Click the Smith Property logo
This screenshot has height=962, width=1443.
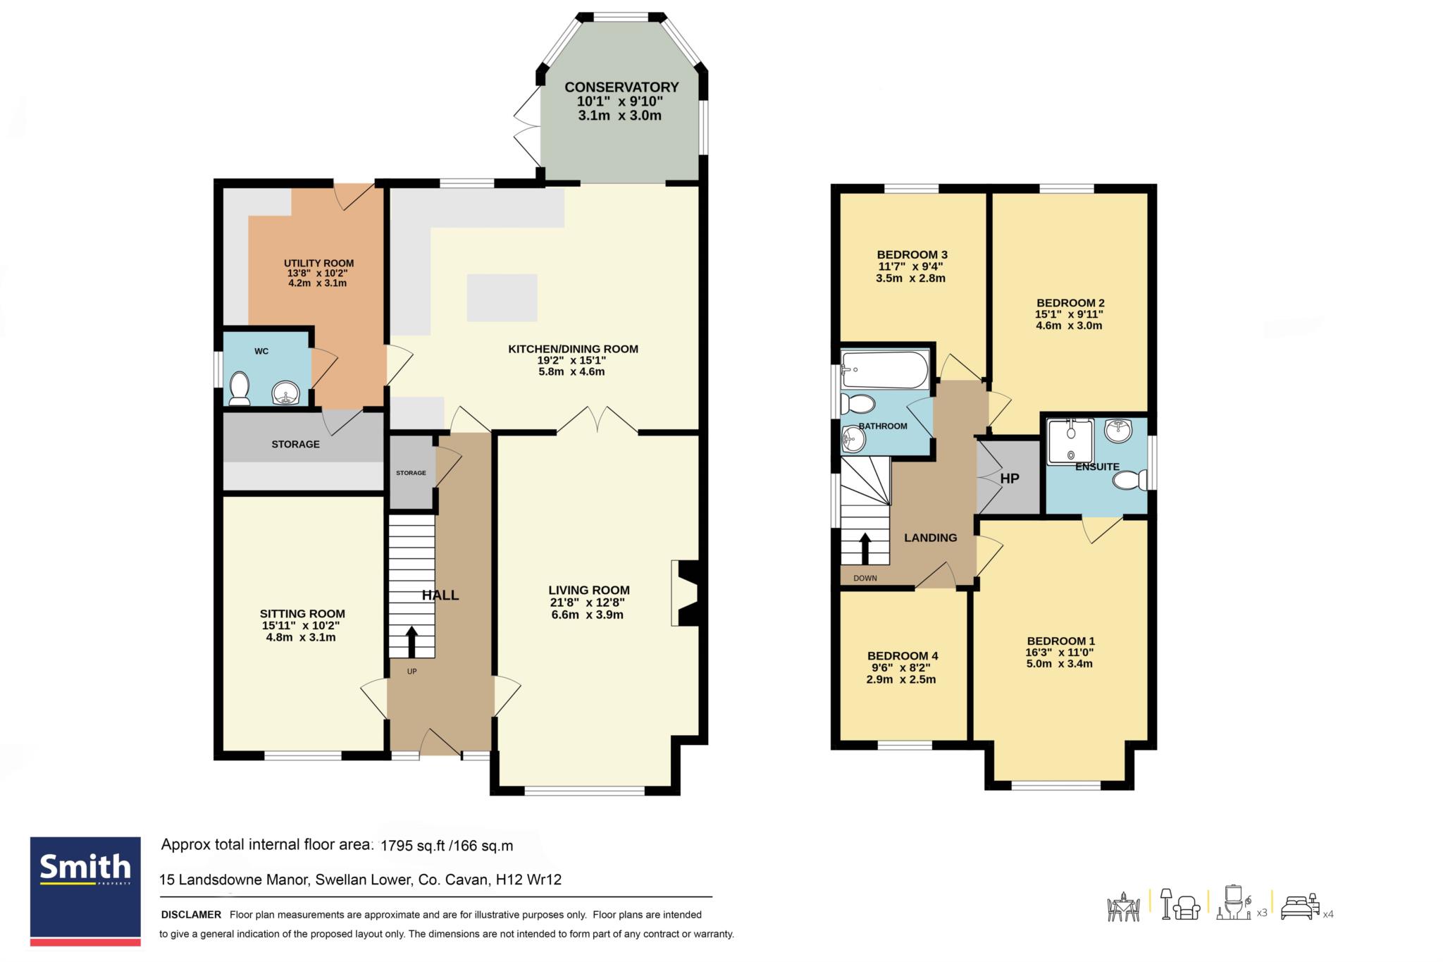click(x=85, y=891)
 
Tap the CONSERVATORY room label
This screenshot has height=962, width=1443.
click(x=621, y=87)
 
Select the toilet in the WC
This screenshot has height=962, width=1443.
click(x=239, y=388)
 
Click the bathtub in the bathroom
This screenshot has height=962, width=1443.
click(x=885, y=369)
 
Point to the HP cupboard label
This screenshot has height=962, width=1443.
click(x=1010, y=479)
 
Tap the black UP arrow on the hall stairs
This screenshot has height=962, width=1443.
click(x=411, y=641)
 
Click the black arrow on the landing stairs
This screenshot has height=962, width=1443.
click(x=865, y=548)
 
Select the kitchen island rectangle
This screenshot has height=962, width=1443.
click(x=502, y=297)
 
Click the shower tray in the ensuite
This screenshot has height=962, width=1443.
click(x=1071, y=441)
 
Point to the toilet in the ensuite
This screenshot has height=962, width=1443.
click(x=1130, y=481)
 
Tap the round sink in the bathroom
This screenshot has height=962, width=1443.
click(x=853, y=440)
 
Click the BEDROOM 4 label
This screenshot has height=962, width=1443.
click(x=902, y=655)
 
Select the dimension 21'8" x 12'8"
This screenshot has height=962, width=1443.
click(x=588, y=603)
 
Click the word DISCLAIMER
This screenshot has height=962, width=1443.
click(x=191, y=915)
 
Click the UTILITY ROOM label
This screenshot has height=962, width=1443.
click(x=318, y=264)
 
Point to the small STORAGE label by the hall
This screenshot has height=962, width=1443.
click(x=411, y=473)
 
